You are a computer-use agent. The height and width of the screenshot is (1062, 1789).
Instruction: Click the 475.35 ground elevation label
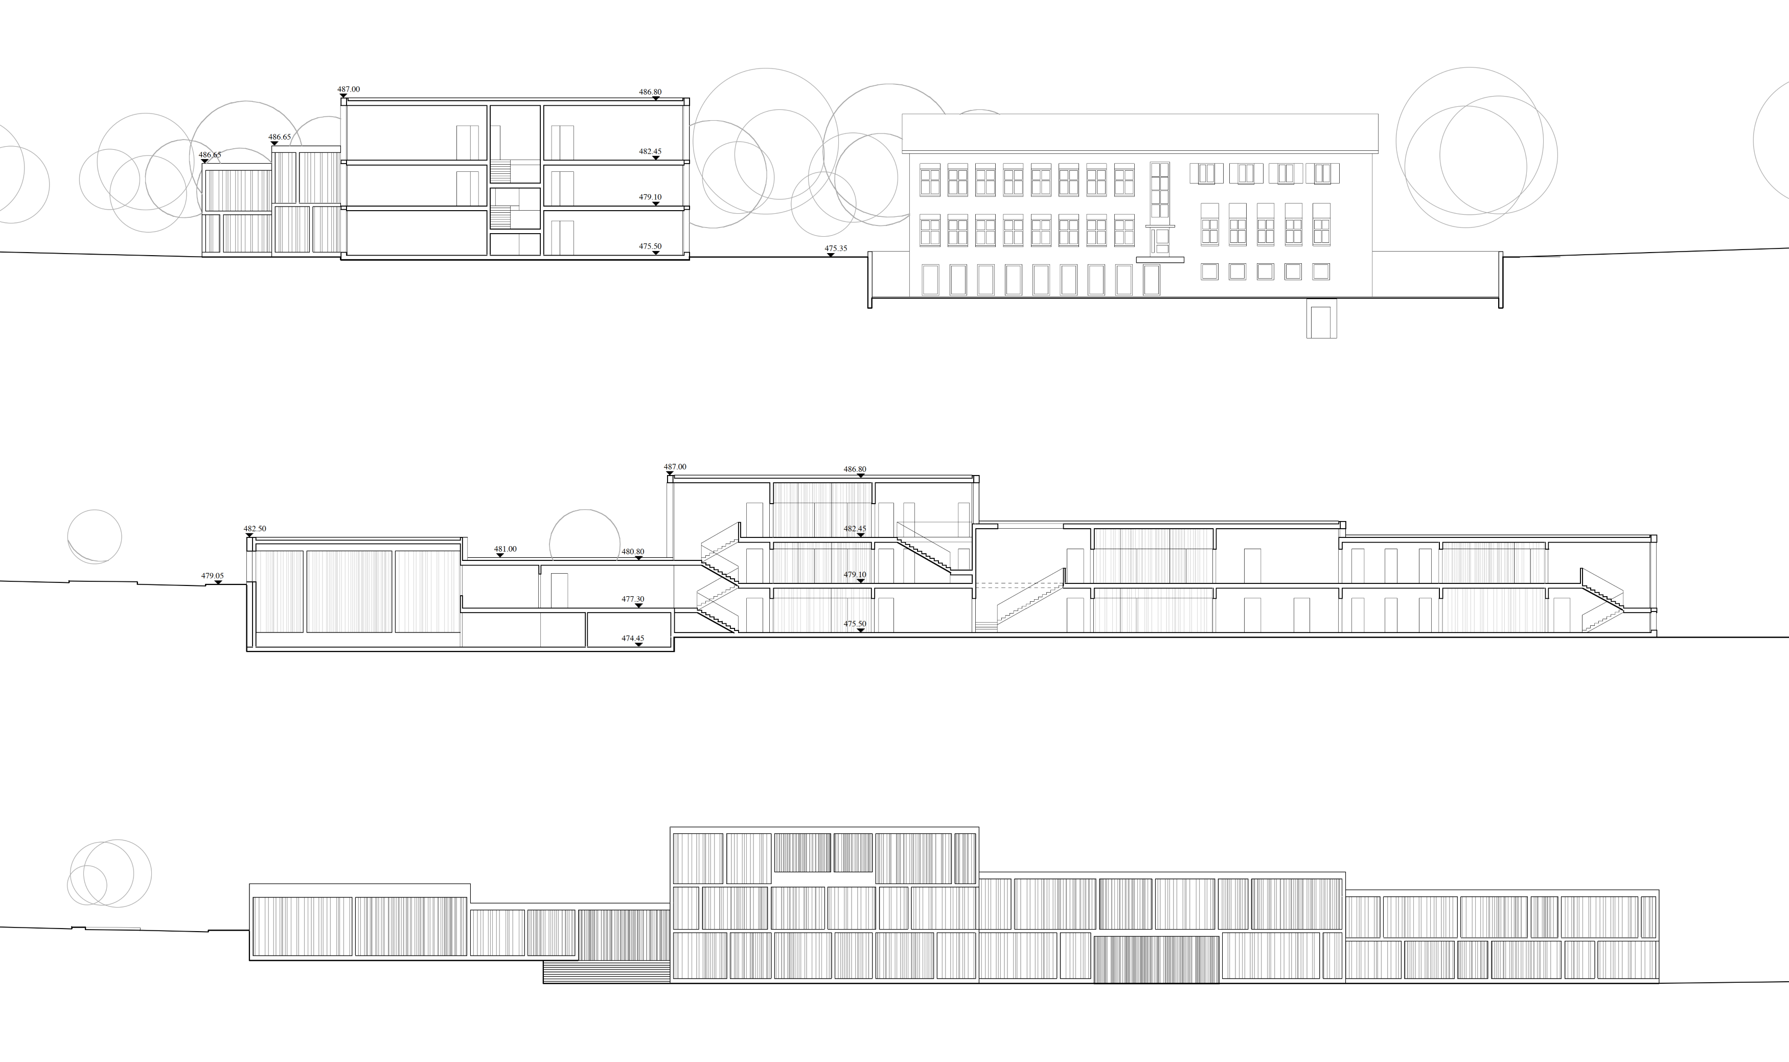tap(836, 249)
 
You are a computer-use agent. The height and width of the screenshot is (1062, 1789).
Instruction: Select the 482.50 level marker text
tap(255, 529)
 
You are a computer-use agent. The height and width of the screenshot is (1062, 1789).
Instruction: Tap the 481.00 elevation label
tap(505, 549)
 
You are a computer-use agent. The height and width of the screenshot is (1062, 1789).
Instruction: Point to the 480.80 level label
tap(632, 552)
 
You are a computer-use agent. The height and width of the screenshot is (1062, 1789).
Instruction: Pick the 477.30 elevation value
tap(632, 599)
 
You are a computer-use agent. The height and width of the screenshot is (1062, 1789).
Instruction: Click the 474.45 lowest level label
tap(632, 638)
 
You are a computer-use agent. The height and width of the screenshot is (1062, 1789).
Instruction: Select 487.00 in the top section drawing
tap(349, 89)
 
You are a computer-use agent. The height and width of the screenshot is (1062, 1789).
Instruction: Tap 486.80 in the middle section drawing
tap(855, 469)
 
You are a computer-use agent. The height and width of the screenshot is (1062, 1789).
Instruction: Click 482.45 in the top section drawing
tap(650, 152)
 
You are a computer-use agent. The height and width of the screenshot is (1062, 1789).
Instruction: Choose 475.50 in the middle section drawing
tap(855, 624)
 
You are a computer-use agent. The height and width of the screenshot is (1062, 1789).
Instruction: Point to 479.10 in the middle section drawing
tap(855, 575)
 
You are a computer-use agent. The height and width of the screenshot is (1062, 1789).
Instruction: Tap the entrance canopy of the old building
tap(1159, 260)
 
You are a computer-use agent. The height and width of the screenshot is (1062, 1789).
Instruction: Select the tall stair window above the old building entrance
tap(1159, 190)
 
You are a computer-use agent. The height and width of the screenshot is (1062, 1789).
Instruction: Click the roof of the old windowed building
tap(1139, 133)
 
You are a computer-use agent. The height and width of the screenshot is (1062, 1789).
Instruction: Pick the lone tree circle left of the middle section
tap(95, 536)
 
